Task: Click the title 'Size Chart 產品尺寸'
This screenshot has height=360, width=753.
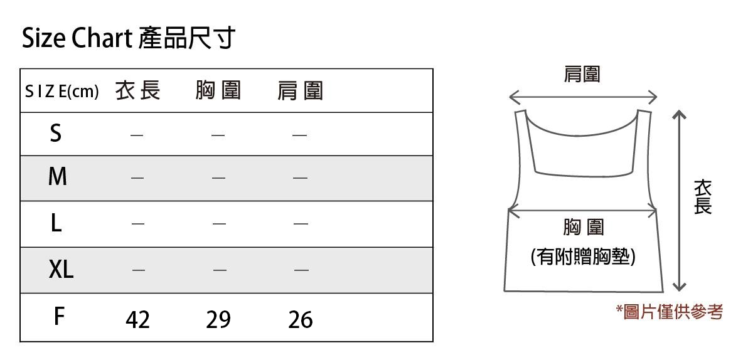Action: pyautogui.click(x=128, y=39)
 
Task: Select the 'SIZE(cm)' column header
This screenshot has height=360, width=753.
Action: pyautogui.click(x=61, y=92)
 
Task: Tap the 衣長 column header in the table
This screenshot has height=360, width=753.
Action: pyautogui.click(x=138, y=91)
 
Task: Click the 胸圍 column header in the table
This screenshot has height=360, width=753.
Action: pyautogui.click(x=218, y=91)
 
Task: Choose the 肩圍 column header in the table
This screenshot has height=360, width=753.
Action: pyautogui.click(x=300, y=92)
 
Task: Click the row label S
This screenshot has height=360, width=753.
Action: pyautogui.click(x=56, y=133)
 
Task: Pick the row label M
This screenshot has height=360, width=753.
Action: pyautogui.click(x=57, y=177)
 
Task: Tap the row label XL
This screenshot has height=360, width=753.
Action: pyautogui.click(x=61, y=270)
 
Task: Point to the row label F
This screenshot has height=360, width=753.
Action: pyautogui.click(x=58, y=317)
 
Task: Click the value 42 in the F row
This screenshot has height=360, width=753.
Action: pyautogui.click(x=137, y=320)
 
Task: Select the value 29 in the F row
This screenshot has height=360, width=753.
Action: pyautogui.click(x=218, y=320)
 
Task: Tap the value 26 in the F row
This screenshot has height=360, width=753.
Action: pyautogui.click(x=301, y=320)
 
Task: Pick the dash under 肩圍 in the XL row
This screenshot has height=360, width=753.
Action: pyautogui.click(x=301, y=270)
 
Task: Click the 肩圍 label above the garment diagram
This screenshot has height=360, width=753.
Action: pyautogui.click(x=582, y=75)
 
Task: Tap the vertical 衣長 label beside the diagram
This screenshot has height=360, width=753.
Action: pyautogui.click(x=703, y=197)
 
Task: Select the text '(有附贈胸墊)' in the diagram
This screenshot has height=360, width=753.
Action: pyautogui.click(x=583, y=257)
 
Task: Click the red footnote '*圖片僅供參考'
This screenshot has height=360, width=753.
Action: pyautogui.click(x=670, y=311)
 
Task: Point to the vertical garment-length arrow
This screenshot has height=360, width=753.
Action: pyautogui.click(x=678, y=201)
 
